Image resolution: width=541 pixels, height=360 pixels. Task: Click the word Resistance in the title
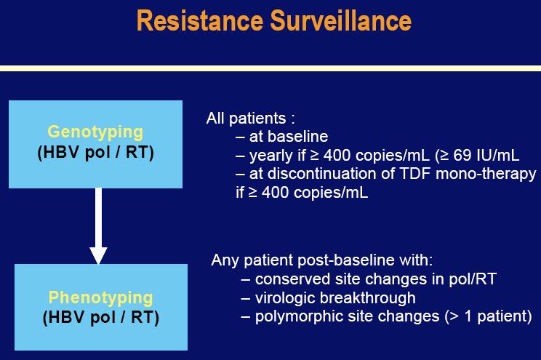coord(200,20)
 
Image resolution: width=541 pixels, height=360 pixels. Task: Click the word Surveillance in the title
coord(341,20)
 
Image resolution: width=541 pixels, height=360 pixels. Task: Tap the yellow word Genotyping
coord(95,132)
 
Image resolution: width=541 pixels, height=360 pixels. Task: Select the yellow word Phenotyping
coord(100,298)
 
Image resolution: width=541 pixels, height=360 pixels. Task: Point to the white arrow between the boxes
coord(98,226)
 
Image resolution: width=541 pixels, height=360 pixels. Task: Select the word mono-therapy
coord(486,175)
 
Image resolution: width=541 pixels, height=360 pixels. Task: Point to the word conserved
coord(292,279)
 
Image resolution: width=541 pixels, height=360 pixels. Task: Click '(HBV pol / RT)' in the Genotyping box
coord(95,153)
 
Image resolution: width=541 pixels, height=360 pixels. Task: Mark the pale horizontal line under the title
coord(270,68)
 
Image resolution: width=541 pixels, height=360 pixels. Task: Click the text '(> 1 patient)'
coord(488,317)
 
